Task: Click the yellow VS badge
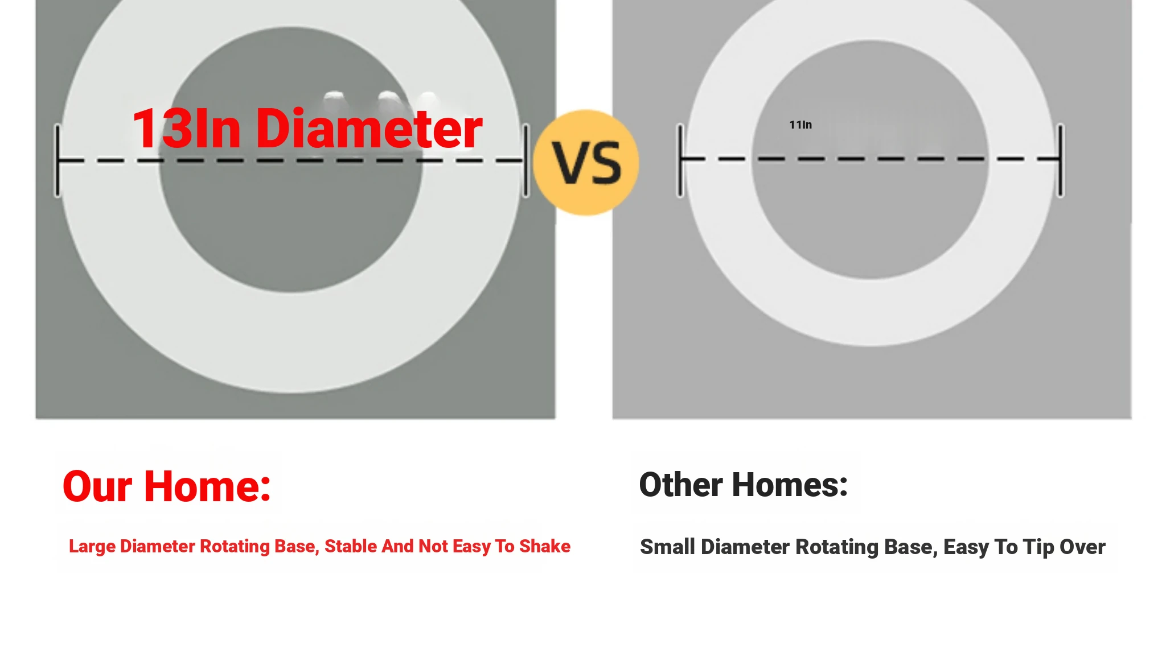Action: pyautogui.click(x=586, y=163)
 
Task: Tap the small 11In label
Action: pyautogui.click(x=800, y=125)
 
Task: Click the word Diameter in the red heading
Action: pyautogui.click(x=369, y=129)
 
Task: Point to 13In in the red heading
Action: pyautogui.click(x=187, y=129)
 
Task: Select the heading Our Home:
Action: pyautogui.click(x=167, y=486)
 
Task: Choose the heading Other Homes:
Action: pyautogui.click(x=744, y=485)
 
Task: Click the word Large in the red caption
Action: pyautogui.click(x=92, y=547)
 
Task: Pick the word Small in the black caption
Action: pyautogui.click(x=668, y=547)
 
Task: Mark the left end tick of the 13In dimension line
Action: pyautogui.click(x=58, y=161)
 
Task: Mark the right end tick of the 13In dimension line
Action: pyautogui.click(x=526, y=161)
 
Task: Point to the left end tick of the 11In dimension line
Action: pyautogui.click(x=680, y=160)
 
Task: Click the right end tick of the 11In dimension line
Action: pyautogui.click(x=1061, y=160)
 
